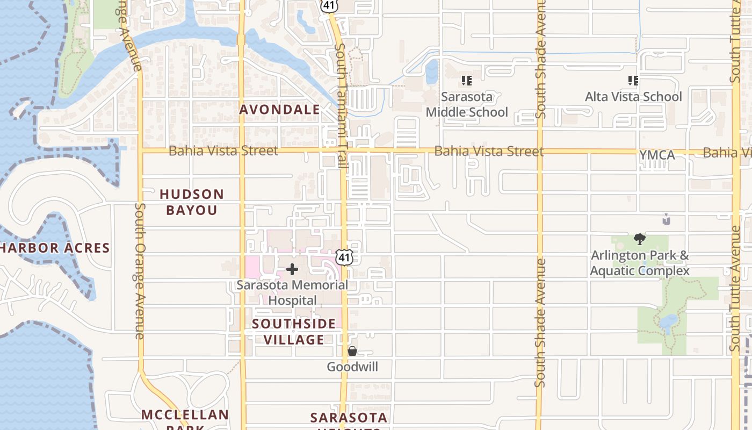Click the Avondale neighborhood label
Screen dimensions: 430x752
(279, 110)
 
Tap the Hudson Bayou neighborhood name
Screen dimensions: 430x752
(191, 202)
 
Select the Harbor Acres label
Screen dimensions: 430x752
(55, 248)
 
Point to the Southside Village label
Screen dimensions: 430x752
(294, 332)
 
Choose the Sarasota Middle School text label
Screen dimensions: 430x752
(466, 104)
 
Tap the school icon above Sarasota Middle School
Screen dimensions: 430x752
(466, 81)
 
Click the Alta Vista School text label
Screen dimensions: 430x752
(633, 97)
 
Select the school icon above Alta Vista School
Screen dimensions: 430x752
(633, 81)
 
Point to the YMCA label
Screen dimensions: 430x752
(657, 155)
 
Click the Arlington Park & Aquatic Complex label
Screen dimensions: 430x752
(639, 263)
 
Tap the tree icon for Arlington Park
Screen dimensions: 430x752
(639, 239)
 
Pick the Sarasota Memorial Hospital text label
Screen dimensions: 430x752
(292, 292)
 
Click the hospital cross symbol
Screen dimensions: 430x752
(292, 269)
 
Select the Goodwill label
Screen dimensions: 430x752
(352, 367)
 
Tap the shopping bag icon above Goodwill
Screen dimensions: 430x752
(352, 351)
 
